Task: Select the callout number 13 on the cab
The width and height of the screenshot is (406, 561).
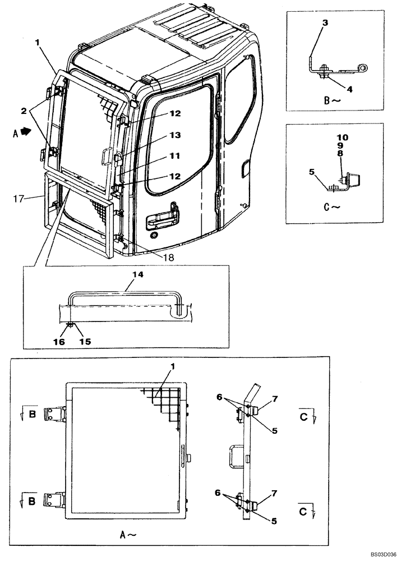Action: pos(176,135)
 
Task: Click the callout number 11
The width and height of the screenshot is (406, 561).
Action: pos(176,155)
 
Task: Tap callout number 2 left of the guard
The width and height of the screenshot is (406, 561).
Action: pos(24,111)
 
